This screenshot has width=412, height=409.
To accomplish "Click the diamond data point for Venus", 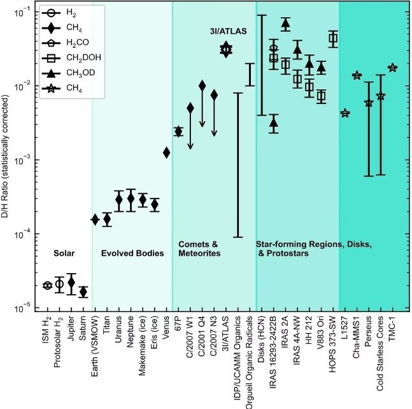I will [166, 152].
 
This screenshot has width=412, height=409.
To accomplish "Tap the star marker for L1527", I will [345, 114].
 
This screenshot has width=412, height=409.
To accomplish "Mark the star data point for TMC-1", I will [392, 68].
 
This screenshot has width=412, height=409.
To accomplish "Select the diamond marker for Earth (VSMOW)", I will [95, 219].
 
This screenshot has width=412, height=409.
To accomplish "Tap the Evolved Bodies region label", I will [132, 253].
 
